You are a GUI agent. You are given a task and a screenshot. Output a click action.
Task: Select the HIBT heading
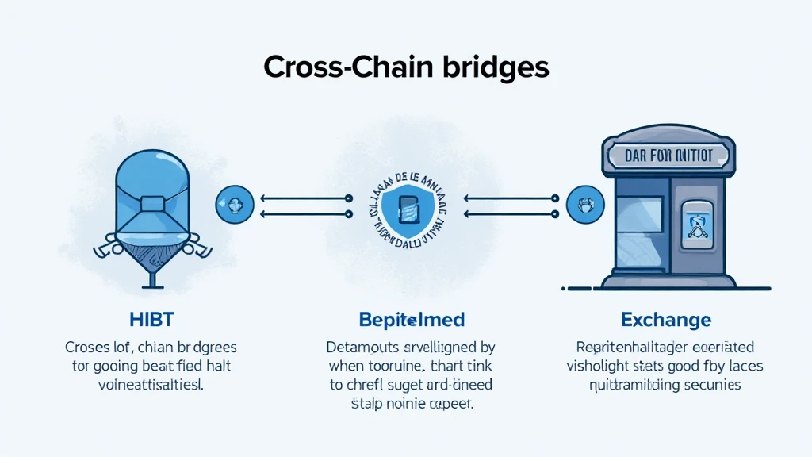[x=151, y=321]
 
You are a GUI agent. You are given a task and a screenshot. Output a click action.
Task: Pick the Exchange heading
[x=666, y=321]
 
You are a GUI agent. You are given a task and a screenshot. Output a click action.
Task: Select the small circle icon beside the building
[x=585, y=203]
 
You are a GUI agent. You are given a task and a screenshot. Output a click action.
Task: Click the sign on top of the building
[x=668, y=155]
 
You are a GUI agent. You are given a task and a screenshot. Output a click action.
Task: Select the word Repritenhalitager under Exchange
[x=632, y=348]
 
